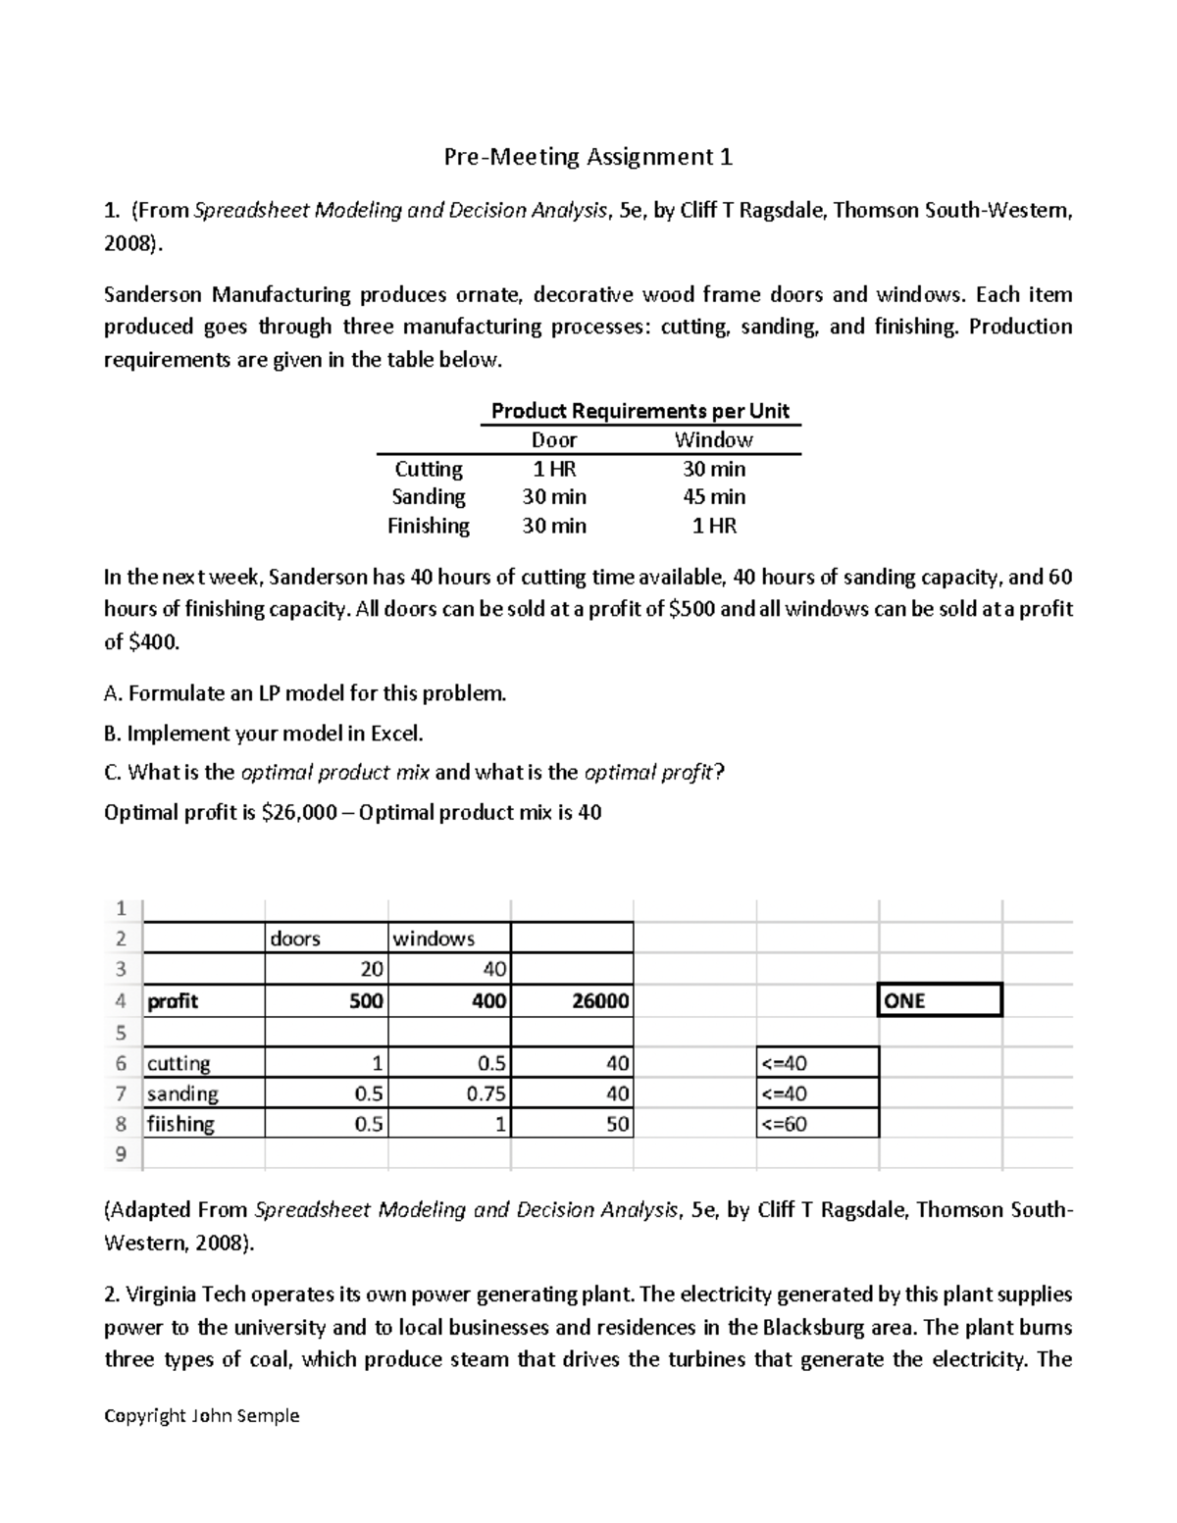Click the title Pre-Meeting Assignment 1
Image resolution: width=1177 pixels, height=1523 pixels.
588,157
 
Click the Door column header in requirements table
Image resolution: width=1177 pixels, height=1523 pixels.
553,440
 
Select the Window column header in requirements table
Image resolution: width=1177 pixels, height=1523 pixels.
713,440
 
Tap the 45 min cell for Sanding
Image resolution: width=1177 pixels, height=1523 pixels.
713,497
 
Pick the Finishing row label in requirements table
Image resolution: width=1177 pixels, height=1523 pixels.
429,526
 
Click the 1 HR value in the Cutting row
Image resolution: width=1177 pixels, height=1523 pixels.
553,469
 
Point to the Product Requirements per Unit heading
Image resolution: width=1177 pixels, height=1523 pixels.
640,411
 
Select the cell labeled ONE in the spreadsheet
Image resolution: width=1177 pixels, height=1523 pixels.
939,1001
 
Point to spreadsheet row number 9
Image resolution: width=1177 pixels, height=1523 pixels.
121,1154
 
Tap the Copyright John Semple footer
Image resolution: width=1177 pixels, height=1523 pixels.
201,1415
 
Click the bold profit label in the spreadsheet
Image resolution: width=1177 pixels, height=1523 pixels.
173,1001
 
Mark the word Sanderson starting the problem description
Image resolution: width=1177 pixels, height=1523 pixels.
153,295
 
